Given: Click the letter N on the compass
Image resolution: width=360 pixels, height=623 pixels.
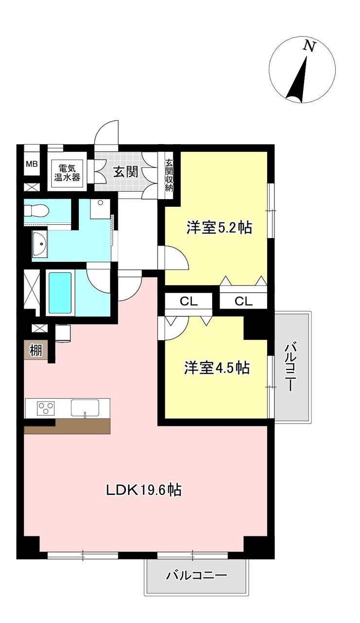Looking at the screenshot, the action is click(309, 46).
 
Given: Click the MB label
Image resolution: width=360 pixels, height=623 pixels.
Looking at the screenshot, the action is click(32, 164).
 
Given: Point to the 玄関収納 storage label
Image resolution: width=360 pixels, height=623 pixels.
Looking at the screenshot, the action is click(169, 175).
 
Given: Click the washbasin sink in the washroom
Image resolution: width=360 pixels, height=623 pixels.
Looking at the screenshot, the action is click(40, 244).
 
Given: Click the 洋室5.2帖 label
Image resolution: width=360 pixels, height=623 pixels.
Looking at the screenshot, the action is click(219, 228).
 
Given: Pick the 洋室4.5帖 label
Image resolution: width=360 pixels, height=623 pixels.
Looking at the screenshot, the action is click(217, 368).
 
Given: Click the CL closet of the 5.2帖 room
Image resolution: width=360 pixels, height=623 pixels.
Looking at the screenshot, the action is click(244, 301).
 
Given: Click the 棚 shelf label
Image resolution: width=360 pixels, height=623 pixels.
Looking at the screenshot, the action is click(36, 350).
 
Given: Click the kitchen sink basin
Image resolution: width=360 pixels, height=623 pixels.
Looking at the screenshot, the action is click(85, 407).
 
